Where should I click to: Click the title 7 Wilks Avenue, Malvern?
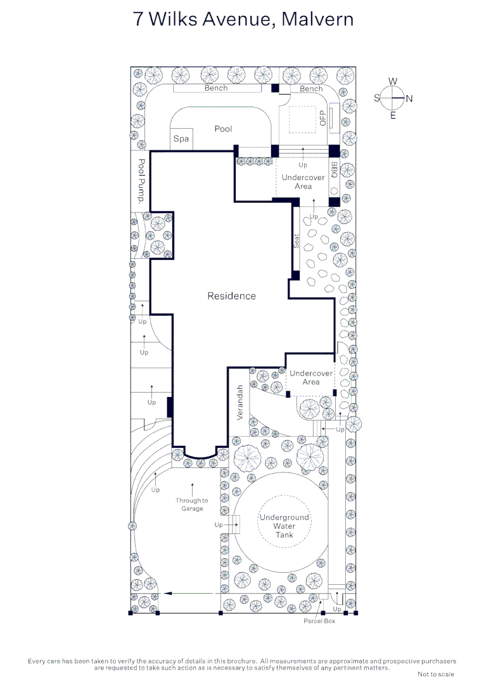(243, 20)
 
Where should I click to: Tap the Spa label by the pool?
(181, 139)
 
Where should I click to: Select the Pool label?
(223, 129)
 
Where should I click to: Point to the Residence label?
(231, 296)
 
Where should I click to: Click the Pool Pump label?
(141, 181)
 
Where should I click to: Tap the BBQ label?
(334, 170)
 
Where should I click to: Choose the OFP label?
(322, 118)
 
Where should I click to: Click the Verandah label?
(239, 402)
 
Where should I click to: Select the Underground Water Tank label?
(284, 526)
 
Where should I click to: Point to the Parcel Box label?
(319, 621)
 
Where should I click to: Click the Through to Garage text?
(192, 505)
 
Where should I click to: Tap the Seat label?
(296, 241)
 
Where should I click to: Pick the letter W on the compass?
(393, 81)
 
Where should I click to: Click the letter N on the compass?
(409, 99)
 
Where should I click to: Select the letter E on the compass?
(393, 116)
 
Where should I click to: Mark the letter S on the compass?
(377, 98)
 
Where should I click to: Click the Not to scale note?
(436, 674)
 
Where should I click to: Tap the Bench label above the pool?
(216, 88)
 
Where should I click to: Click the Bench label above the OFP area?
(311, 88)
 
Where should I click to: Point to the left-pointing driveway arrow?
(189, 593)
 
